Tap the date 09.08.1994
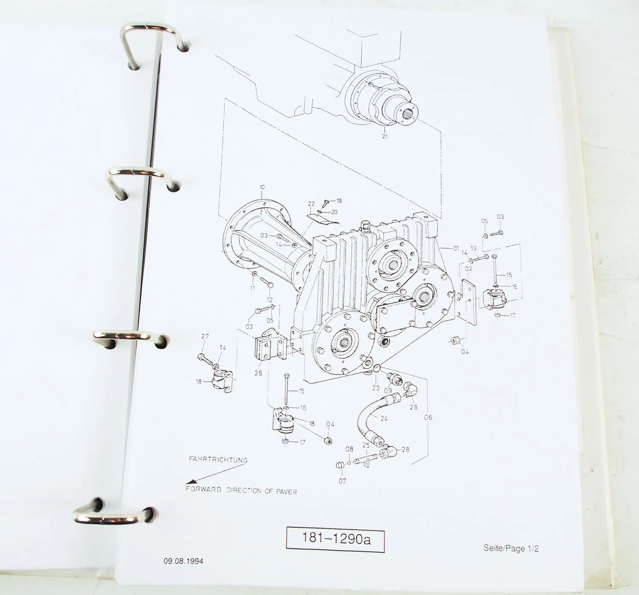pyautogui.click(x=183, y=561)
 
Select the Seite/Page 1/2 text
pyautogui.click(x=510, y=548)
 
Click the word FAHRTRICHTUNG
pyautogui.click(x=218, y=460)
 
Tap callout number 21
pyautogui.click(x=385, y=136)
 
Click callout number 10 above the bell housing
pyautogui.click(x=262, y=187)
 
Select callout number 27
pyautogui.click(x=205, y=337)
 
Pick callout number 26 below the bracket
pyautogui.click(x=258, y=373)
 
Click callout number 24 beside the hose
pyautogui.click(x=384, y=418)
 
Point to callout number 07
pyautogui.click(x=342, y=481)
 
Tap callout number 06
pyautogui.click(x=428, y=417)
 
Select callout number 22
pyautogui.click(x=311, y=204)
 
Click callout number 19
pyautogui.click(x=339, y=200)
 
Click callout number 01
pyautogui.click(x=456, y=248)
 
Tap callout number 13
pyautogui.click(x=473, y=248)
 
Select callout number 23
pyautogui.click(x=375, y=388)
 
